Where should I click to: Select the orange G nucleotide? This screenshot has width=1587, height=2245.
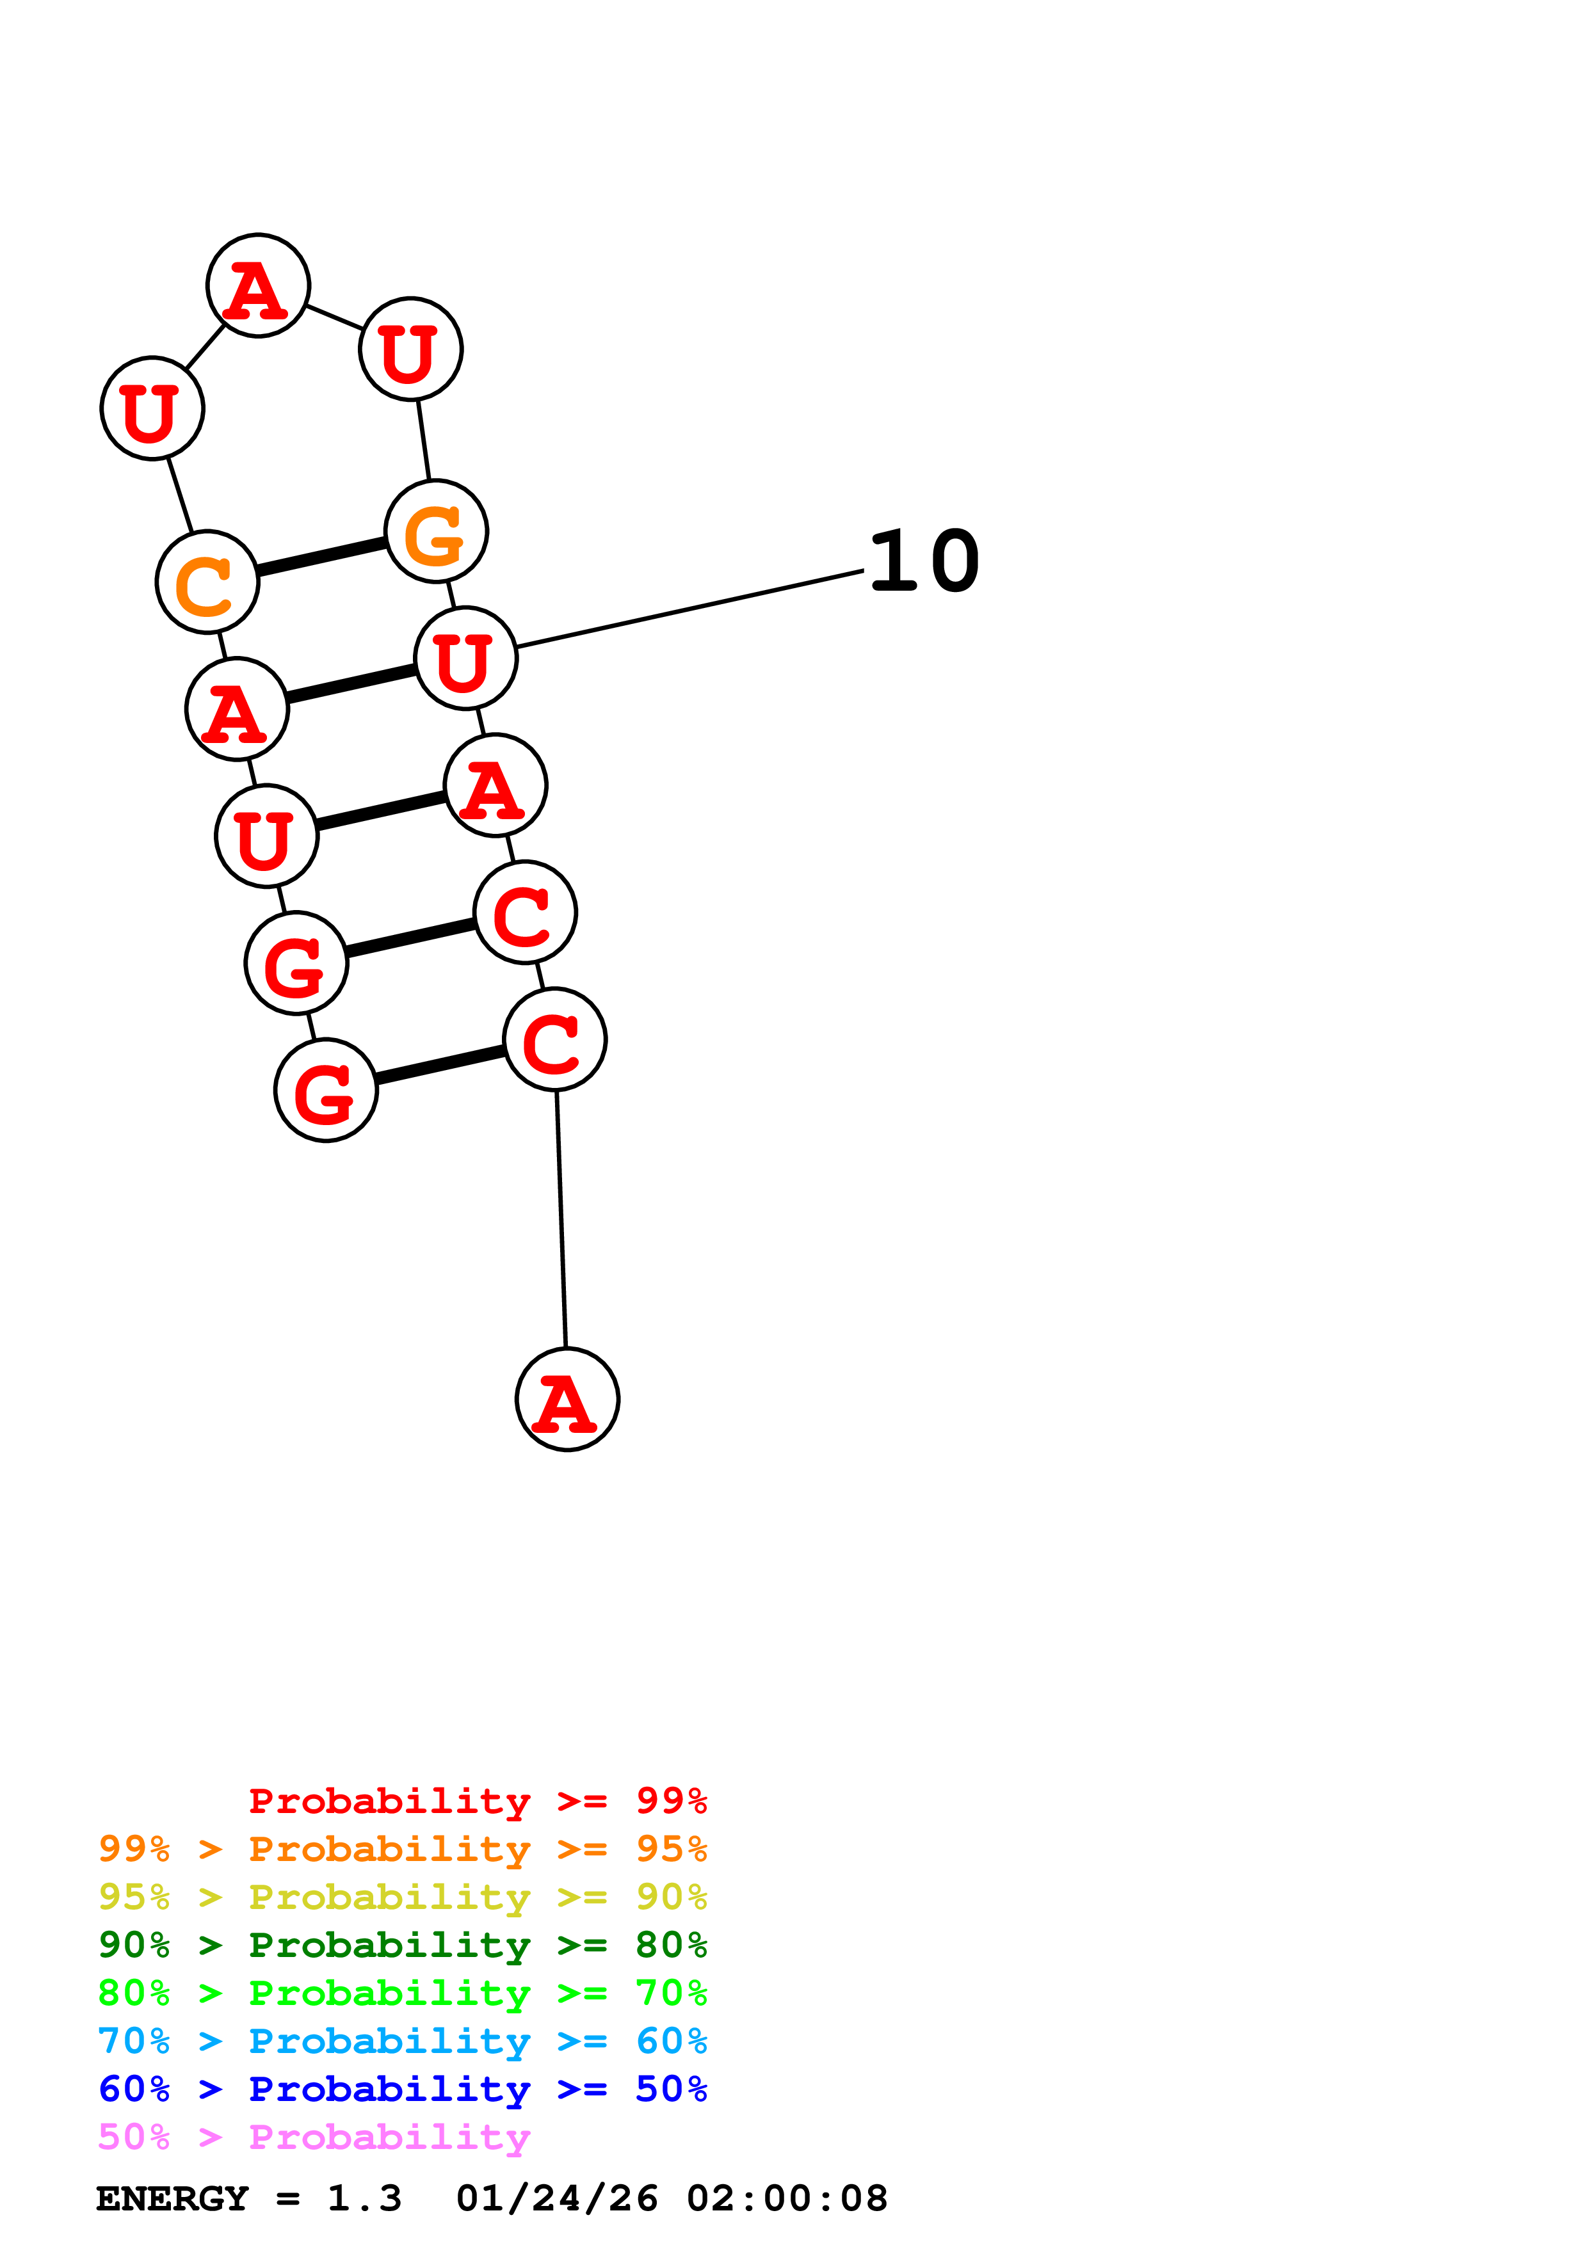pos(436,532)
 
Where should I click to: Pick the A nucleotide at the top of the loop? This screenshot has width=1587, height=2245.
pos(258,285)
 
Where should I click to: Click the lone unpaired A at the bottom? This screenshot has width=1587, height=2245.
pos(567,1399)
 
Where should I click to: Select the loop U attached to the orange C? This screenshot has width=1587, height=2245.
pos(152,408)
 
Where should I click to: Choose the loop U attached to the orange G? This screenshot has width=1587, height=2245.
pos(411,349)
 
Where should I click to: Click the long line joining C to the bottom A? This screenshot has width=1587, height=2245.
pos(561,1218)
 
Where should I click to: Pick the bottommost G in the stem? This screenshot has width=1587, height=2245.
pos(326,1091)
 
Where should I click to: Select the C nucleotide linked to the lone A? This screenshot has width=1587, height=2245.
pos(554,1039)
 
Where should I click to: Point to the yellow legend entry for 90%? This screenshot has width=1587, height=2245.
pos(402,1897)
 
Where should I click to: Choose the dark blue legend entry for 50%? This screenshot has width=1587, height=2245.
pos(402,2089)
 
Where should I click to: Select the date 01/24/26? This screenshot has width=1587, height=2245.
pos(556,2198)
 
